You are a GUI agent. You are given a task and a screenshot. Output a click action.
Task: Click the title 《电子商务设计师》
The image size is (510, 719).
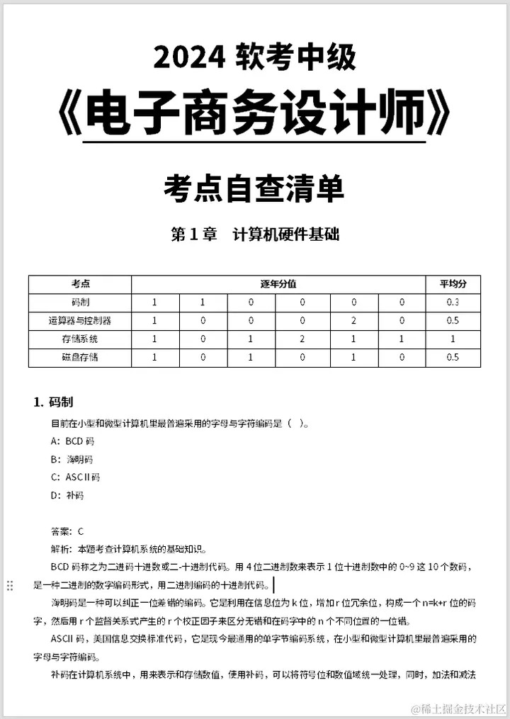click(254, 113)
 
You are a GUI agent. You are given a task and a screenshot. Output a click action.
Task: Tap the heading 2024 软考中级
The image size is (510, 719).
click(254, 57)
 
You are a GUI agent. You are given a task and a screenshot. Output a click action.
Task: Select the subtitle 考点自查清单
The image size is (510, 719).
click(254, 188)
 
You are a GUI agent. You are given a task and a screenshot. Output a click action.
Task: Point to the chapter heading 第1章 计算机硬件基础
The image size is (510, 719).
click(255, 234)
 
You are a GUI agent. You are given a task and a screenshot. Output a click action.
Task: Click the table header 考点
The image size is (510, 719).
click(80, 284)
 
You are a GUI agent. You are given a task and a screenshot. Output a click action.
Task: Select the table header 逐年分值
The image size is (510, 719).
click(278, 284)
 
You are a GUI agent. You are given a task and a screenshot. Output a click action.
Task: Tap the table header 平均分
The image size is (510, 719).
click(453, 284)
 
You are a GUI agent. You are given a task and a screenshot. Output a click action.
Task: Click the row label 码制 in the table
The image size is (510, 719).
click(80, 302)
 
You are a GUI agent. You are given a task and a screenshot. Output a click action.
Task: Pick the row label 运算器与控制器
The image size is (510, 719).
click(80, 321)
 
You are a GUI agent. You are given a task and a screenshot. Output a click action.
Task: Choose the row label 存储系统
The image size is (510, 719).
click(80, 339)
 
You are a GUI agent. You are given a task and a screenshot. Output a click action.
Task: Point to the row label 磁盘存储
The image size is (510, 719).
click(80, 358)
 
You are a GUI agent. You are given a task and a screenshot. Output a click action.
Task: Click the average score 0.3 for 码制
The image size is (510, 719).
click(453, 302)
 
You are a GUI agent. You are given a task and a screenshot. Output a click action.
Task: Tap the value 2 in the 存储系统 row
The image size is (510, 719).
click(302, 339)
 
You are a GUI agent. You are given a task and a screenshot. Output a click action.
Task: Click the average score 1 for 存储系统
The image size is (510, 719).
click(453, 339)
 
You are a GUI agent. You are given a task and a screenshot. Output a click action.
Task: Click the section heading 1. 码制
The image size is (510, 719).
click(53, 402)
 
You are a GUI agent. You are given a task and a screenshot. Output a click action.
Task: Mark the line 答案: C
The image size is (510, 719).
click(68, 531)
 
